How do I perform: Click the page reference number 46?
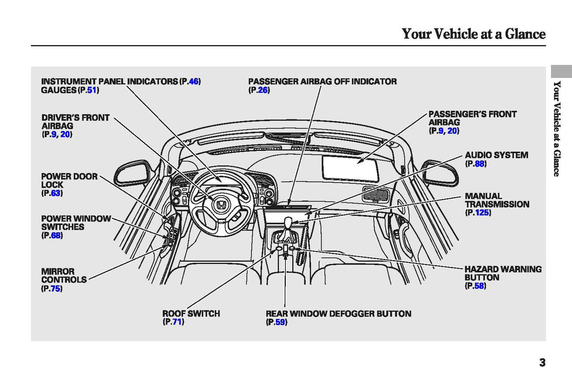(194, 82)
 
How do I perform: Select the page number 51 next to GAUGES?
(92, 90)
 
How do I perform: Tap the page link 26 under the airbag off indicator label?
(262, 90)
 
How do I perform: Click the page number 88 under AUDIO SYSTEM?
(479, 163)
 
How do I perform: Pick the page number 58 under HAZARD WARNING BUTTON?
(479, 286)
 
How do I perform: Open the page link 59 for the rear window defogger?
(280, 322)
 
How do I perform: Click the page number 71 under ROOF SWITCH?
(177, 322)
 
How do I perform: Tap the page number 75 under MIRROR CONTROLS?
(55, 289)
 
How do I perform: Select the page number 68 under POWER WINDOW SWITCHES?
(56, 236)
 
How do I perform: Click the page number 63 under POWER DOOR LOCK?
(56, 193)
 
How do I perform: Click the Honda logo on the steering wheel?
(221, 205)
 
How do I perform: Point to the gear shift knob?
(288, 223)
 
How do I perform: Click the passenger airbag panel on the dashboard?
(350, 168)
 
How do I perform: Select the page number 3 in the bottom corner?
(542, 362)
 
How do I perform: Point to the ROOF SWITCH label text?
(191, 314)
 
